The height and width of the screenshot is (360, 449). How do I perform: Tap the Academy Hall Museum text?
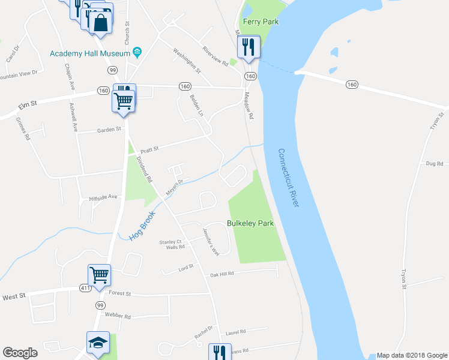[90, 53]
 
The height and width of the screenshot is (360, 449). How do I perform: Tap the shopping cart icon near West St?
[99, 275]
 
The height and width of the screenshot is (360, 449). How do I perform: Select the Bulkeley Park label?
[250, 223]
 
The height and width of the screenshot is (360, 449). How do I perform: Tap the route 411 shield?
[86, 289]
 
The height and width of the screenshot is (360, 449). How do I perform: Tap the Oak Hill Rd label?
[221, 274]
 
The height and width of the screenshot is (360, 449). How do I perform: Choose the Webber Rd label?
[117, 316]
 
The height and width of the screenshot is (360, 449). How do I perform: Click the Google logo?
[20, 353]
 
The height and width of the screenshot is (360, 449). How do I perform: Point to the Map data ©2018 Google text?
[411, 355]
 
